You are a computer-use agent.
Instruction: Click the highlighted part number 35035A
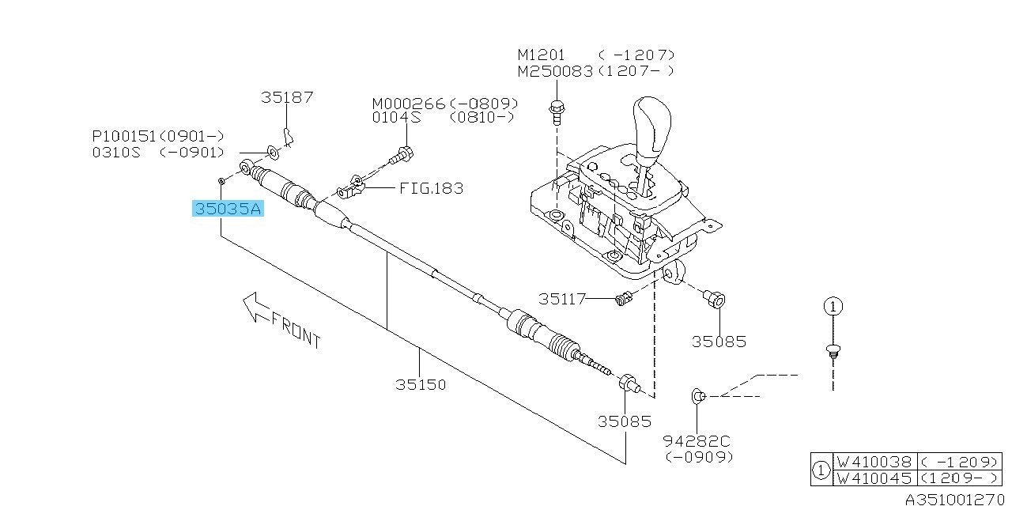point(228,209)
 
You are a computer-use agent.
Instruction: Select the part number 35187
point(287,97)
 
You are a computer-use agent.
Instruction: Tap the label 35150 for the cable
point(421,385)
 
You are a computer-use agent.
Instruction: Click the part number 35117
point(562,299)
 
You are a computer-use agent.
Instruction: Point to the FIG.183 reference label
point(431,188)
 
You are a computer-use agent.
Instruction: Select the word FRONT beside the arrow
point(296,330)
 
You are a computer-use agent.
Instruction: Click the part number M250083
point(555,70)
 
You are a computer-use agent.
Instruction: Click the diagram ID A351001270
point(957,499)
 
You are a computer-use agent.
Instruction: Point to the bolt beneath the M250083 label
point(556,112)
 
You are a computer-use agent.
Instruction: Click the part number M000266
point(410,104)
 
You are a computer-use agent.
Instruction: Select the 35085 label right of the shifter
point(719,342)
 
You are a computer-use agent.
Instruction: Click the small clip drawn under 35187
point(289,138)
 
